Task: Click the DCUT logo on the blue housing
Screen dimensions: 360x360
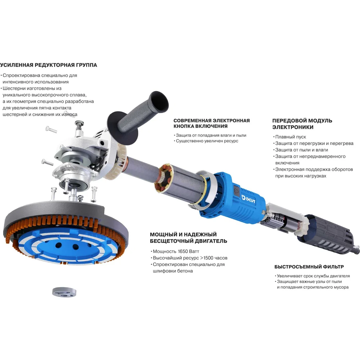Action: (248, 199)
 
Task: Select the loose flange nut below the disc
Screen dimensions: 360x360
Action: (64, 292)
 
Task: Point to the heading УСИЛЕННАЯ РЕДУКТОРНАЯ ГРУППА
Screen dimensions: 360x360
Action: (49, 65)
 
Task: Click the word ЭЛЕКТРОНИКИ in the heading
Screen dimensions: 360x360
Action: (293, 127)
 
